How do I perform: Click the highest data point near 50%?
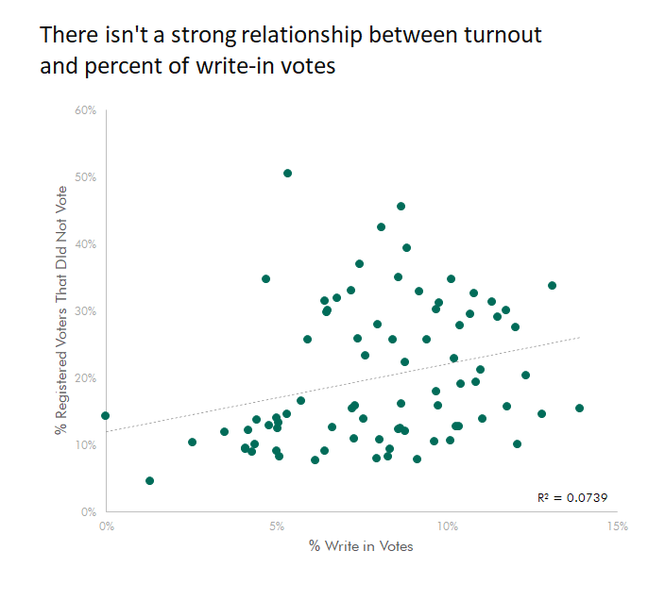(287, 174)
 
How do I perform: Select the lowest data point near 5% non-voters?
(149, 481)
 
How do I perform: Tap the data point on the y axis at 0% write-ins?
(106, 416)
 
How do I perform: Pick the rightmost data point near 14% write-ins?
(579, 409)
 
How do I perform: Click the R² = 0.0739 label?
(572, 498)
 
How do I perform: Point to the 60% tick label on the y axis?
(86, 110)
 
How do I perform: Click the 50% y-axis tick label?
(86, 177)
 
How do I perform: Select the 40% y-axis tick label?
(86, 244)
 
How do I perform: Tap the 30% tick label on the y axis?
(86, 310)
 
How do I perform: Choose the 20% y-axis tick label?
(86, 378)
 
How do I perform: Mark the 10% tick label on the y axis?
(86, 445)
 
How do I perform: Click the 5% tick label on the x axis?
(277, 526)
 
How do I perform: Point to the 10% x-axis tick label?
(448, 526)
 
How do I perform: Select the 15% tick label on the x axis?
(618, 526)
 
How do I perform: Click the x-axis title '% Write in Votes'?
(361, 546)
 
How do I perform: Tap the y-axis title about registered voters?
(61, 310)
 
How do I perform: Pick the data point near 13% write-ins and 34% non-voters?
(552, 286)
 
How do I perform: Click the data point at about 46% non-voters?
(401, 207)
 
